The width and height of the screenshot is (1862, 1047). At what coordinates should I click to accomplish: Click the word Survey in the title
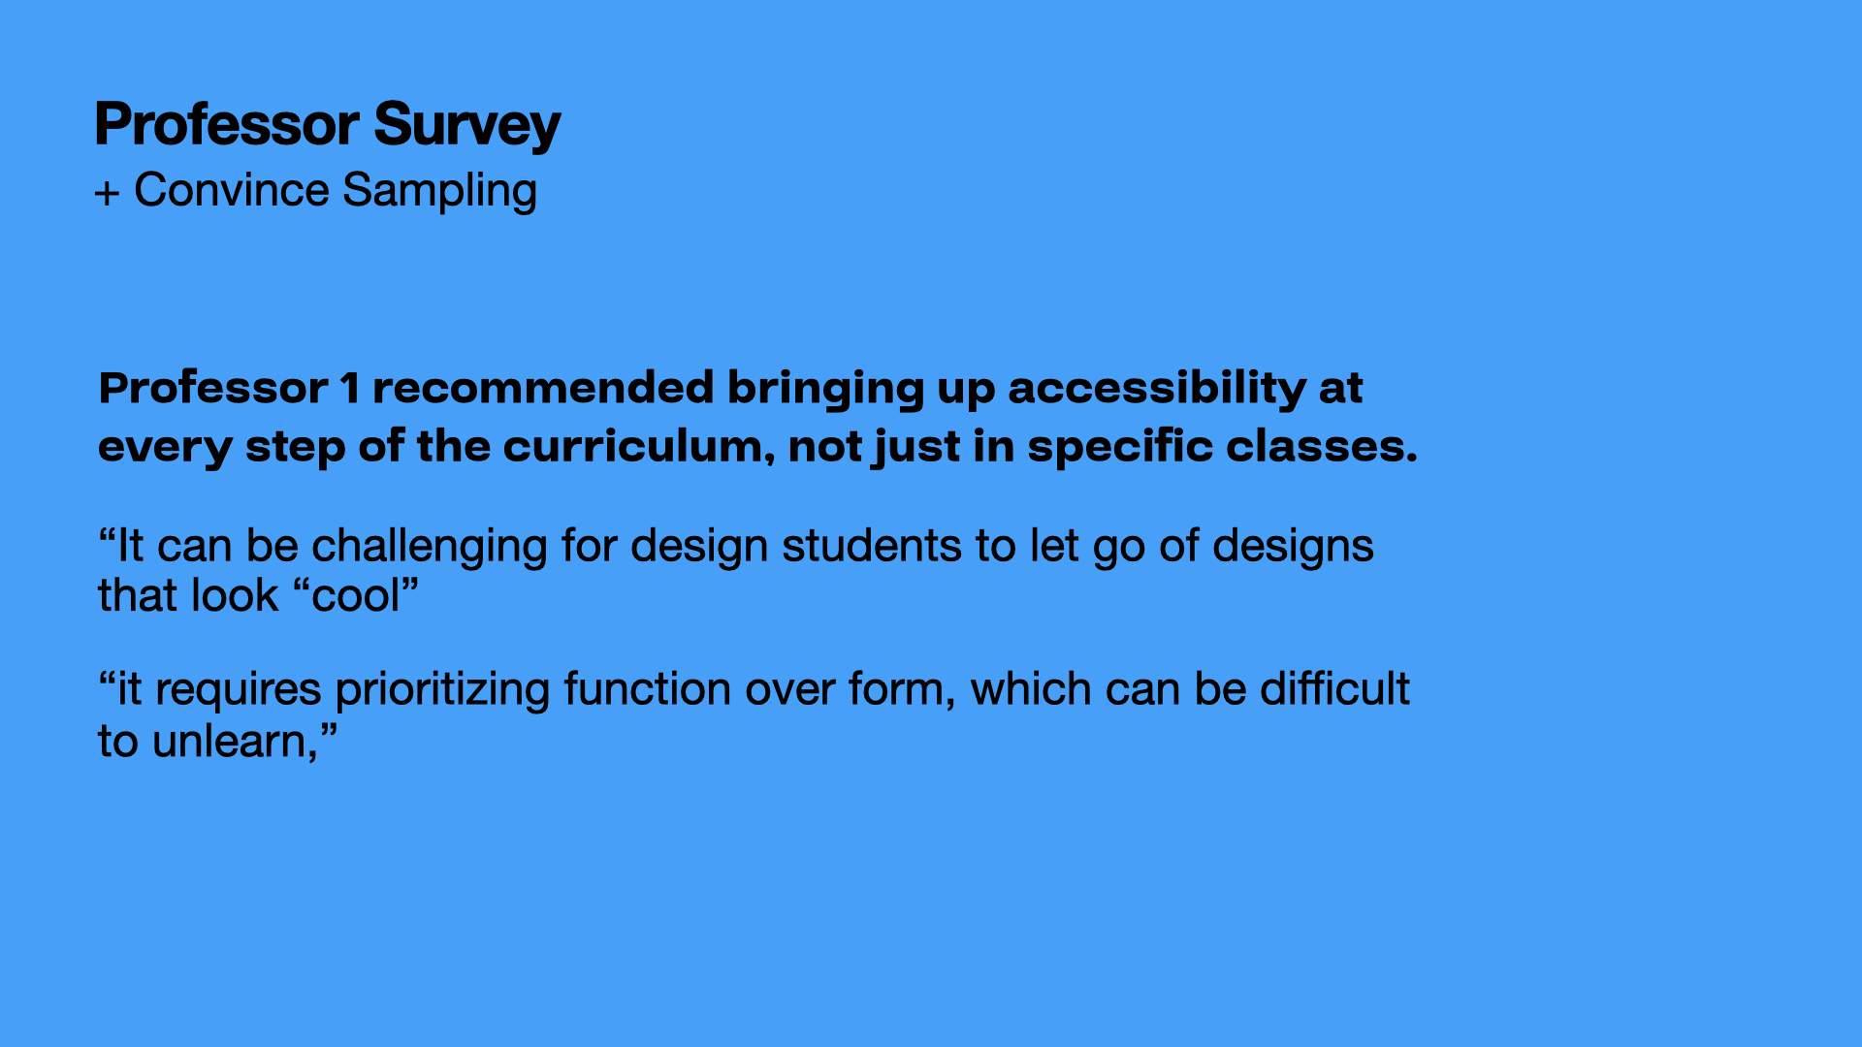click(466, 126)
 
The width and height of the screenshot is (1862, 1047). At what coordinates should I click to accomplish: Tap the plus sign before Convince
click(107, 193)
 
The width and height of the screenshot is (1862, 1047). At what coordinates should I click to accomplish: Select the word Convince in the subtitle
click(232, 190)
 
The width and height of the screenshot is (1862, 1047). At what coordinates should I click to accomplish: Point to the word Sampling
click(439, 192)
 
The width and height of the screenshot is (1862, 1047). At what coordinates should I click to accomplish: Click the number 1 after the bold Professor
click(350, 389)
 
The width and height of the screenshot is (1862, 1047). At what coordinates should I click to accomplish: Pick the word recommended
click(543, 388)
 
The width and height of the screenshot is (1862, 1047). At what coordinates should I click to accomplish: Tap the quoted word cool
click(356, 596)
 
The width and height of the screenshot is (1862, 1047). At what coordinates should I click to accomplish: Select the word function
click(648, 689)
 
